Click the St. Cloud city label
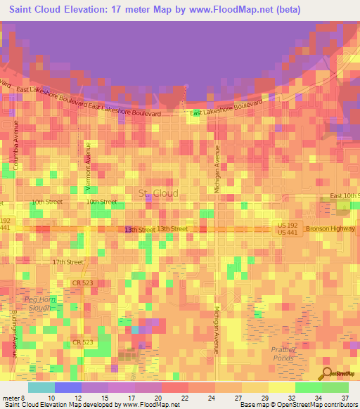pyautogui.click(x=158, y=193)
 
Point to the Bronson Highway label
pyautogui.click(x=331, y=229)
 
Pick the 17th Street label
pyautogui.click(x=67, y=262)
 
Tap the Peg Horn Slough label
pyautogui.click(x=38, y=304)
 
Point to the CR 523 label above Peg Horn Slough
pyautogui.click(x=82, y=283)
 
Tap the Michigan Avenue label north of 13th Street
pyautogui.click(x=217, y=169)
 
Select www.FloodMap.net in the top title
pyautogui.click(x=224, y=10)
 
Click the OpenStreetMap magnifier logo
pyautogui.click(x=326, y=373)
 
